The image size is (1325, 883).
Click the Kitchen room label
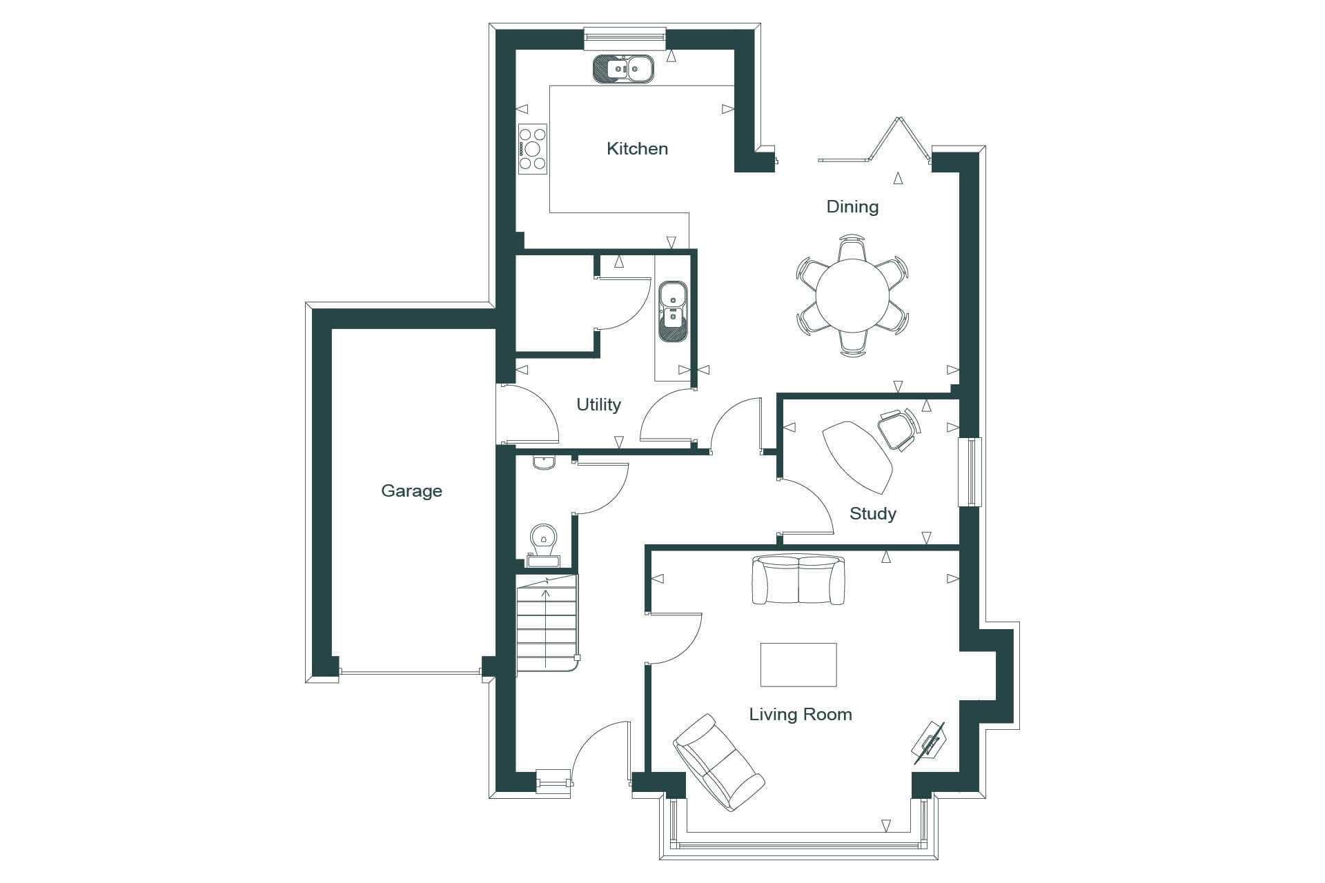coord(637,148)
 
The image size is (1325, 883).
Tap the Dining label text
coord(852,207)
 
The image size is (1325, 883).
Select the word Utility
coord(598,404)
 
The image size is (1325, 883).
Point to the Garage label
coord(411,490)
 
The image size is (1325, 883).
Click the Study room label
coord(872,513)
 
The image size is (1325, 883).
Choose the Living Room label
coord(801,714)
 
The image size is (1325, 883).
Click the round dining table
coord(852,296)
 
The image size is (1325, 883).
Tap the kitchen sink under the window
coord(623,68)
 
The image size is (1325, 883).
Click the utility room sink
coord(672,311)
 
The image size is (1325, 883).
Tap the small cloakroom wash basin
coord(544,463)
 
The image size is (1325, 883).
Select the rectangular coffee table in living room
coord(798,664)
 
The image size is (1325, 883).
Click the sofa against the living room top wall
coord(798,579)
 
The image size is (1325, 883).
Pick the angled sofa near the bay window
coord(718,762)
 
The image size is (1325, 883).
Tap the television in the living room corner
coord(929,743)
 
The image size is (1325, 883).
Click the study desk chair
coord(900,428)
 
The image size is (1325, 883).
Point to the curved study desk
coord(858,457)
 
